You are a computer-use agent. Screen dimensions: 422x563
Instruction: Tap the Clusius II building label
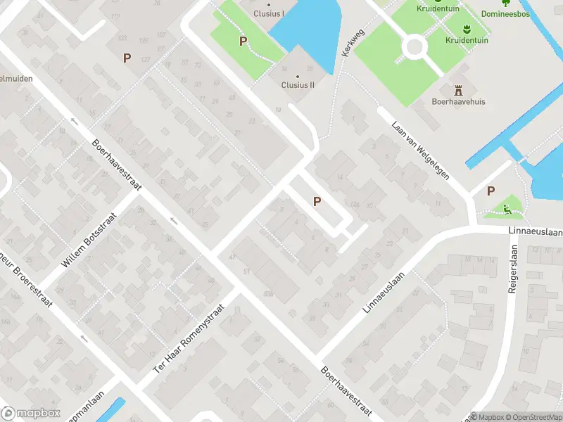point(298,85)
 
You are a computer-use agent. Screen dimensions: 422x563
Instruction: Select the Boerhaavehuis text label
point(458,101)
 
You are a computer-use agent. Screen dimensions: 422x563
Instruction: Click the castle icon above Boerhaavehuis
point(459,89)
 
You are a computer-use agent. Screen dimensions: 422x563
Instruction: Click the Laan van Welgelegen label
point(420,150)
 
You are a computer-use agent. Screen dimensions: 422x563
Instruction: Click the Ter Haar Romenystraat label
point(189,339)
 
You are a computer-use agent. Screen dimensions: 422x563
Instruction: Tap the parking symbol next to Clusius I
point(243,41)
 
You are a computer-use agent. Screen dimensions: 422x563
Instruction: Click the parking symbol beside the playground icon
point(491,191)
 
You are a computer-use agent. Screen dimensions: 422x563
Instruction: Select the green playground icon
point(507,207)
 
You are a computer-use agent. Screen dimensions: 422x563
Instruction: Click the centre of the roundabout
point(415,47)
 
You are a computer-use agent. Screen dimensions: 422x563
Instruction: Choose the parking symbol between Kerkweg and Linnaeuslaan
point(317,202)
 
